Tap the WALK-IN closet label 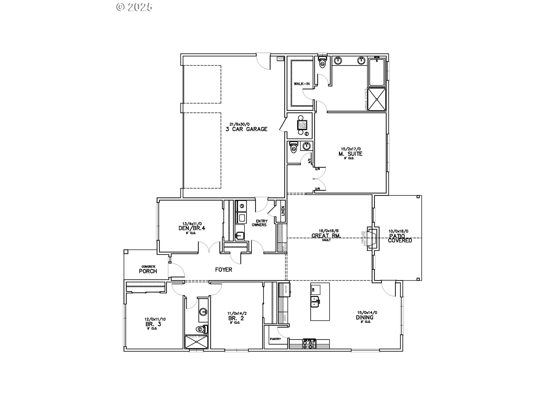click(301, 84)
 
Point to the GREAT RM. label click(326, 235)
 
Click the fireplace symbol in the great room click(373, 238)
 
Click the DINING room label click(365, 318)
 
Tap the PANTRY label click(275, 339)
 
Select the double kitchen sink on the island click(316, 302)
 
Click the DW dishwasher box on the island click(315, 290)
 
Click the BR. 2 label click(236, 318)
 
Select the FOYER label click(224, 270)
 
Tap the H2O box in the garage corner click(280, 59)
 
